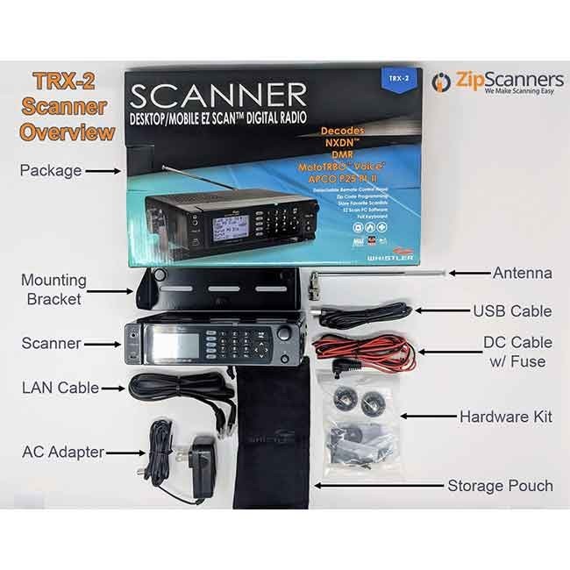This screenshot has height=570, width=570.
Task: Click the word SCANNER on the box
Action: pos(220,95)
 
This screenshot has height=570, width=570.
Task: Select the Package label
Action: pos(51,170)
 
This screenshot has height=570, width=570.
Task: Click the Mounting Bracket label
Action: pos(54,289)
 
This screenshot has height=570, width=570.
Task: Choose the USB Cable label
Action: pos(512,310)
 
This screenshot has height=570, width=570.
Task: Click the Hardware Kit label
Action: pos(505,417)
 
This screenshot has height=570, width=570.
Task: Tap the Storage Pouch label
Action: pos(500,485)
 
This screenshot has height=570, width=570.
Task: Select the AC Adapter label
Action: pos(62,452)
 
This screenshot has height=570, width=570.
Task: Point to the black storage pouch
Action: pos(271,447)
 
